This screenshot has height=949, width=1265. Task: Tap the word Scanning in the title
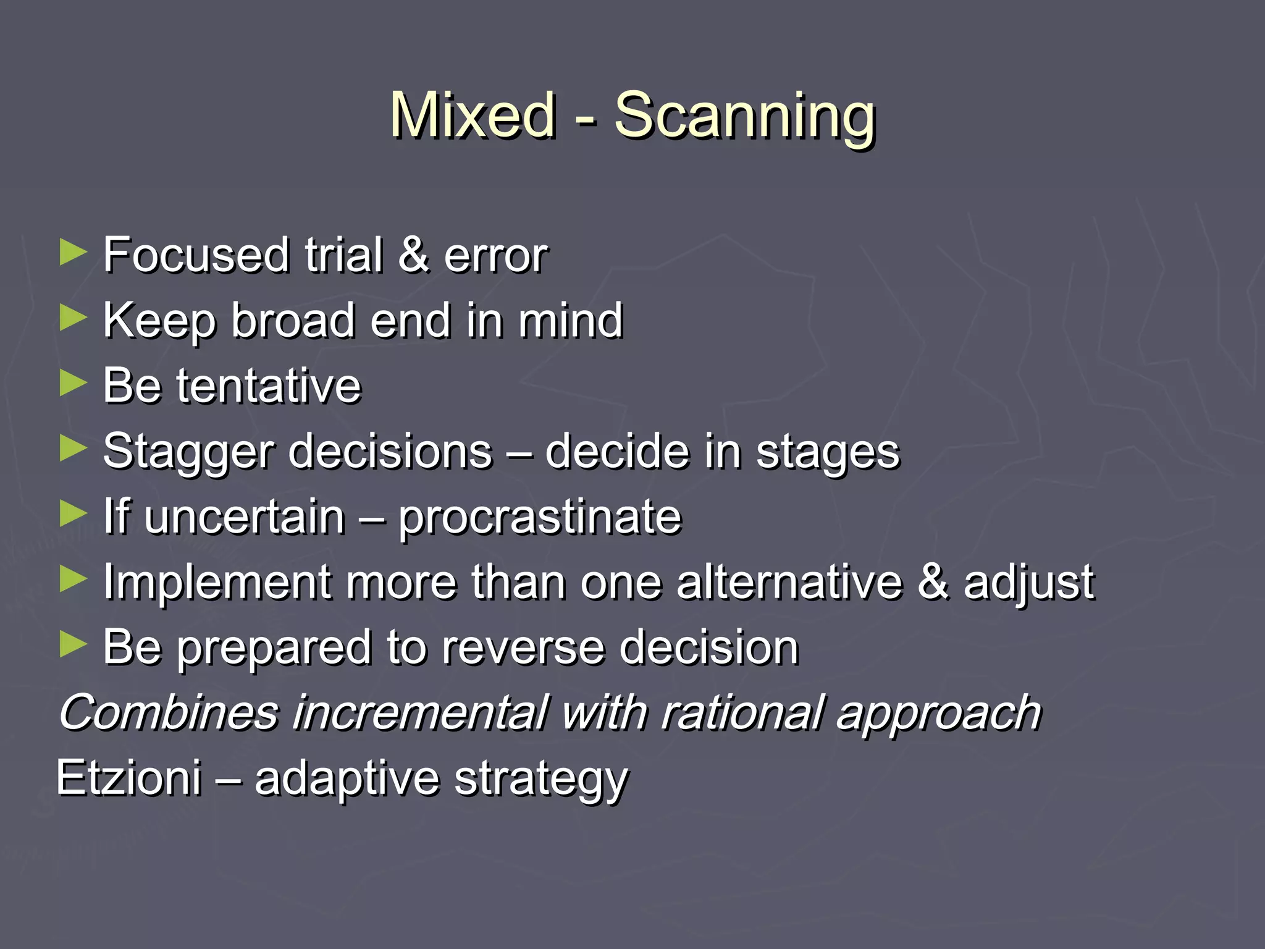coord(744,116)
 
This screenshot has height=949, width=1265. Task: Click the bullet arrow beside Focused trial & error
coord(74,253)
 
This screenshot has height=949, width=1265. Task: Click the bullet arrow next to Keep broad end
coord(74,319)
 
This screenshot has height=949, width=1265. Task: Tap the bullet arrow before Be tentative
coord(74,384)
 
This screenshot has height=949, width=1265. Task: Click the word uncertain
coord(245,517)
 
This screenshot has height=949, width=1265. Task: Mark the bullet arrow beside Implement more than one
coord(74,580)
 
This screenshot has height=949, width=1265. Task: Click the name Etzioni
coord(129,777)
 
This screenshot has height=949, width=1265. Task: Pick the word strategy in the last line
coord(541,780)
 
